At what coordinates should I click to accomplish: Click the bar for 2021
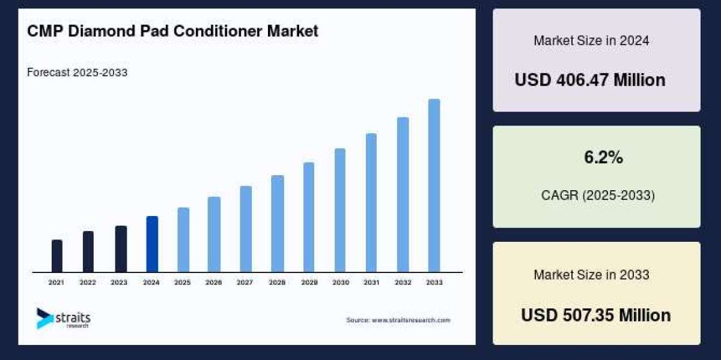coord(57,256)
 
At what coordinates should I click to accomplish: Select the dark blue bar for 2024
coord(152,244)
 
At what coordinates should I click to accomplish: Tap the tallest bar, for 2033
coord(434,185)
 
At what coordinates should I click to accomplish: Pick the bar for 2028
coord(277,224)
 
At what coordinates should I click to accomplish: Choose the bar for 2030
coord(340,210)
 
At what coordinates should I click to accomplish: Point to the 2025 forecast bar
coord(183,240)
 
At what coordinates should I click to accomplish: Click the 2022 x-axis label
coord(88,282)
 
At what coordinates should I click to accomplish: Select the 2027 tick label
coord(245,282)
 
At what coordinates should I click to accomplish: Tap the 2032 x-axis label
coord(403,282)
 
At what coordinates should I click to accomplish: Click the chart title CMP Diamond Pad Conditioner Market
coord(172,32)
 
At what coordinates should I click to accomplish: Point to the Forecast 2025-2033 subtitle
coord(77,73)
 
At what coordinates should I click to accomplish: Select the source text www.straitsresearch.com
coord(398,320)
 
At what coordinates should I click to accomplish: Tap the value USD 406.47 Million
coord(590,80)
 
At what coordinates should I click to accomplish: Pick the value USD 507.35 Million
coord(595,315)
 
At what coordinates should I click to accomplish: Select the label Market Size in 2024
coord(591,41)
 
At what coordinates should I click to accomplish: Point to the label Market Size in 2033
coord(591,275)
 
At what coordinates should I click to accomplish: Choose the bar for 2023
coord(121,249)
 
